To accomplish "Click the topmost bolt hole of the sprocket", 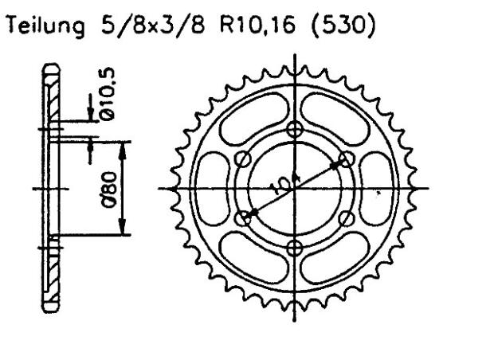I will [x=296, y=131].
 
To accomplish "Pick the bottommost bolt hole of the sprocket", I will [x=296, y=246].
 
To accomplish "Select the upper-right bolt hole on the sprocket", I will [x=346, y=160].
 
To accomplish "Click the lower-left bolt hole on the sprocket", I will [x=245, y=217].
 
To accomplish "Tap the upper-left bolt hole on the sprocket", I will [x=245, y=160].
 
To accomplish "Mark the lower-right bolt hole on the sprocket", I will [x=346, y=217].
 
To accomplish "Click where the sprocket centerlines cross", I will [x=296, y=189].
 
